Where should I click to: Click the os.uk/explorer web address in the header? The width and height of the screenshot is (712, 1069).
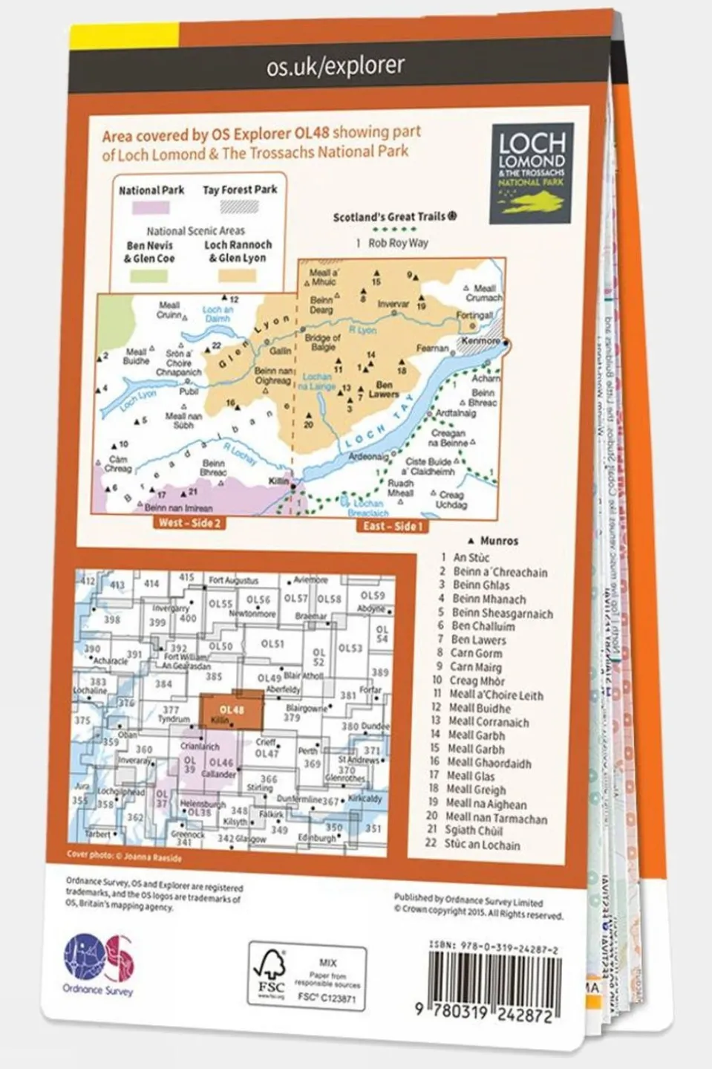pos(336,66)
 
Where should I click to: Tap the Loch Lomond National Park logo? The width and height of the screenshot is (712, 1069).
pos(532,173)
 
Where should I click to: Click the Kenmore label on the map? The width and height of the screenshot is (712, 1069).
pos(480,341)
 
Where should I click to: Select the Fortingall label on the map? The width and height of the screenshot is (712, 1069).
pos(474,315)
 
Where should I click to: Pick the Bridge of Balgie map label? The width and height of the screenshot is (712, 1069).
pos(322,342)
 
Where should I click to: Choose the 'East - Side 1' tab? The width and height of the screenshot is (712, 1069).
pos(392,526)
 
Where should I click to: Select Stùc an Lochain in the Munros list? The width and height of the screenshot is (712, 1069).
pos(482,845)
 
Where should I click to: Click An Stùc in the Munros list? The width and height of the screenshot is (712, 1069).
pos(471,557)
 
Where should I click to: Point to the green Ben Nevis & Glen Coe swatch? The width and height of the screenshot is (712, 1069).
pos(149,276)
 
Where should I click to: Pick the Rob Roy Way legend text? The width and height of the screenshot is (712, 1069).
pos(398,243)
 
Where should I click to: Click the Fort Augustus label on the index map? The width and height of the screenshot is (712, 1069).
pos(233,580)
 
